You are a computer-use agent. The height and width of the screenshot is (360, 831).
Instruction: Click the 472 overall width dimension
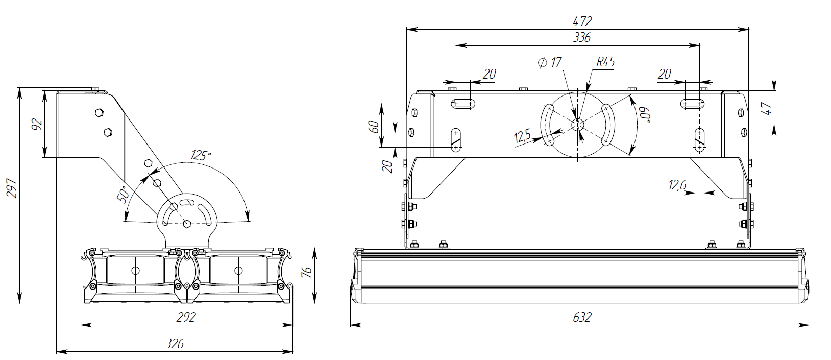tap(582, 21)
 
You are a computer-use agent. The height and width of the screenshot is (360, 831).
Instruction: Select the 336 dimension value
tap(582, 37)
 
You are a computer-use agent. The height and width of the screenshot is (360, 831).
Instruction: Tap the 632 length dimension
tap(582, 317)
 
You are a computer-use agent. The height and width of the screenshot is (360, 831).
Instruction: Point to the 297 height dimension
tap(13, 188)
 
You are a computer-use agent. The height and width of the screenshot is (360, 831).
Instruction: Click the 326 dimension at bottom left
tap(175, 344)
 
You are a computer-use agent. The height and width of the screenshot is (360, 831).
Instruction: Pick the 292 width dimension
tap(186, 317)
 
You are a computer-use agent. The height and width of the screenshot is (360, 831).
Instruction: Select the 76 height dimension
tap(306, 272)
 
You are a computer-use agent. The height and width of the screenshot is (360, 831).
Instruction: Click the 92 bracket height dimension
tap(37, 124)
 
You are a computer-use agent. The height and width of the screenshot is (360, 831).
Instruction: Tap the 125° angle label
tap(201, 155)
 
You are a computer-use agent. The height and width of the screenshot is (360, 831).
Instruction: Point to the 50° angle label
tap(123, 195)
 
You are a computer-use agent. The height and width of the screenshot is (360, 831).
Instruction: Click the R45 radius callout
tap(605, 62)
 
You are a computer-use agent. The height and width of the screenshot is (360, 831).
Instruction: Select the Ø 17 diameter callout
tap(550, 62)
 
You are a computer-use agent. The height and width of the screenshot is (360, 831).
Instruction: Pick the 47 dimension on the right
tap(766, 108)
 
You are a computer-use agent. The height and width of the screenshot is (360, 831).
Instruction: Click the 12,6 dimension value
tap(677, 185)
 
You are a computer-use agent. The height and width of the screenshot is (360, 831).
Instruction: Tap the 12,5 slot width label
tap(522, 136)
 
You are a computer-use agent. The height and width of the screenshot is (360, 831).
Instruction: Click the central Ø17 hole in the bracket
tap(578, 124)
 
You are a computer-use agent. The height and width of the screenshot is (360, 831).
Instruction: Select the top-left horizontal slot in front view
tap(463, 104)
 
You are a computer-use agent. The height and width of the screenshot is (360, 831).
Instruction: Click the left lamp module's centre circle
tap(135, 271)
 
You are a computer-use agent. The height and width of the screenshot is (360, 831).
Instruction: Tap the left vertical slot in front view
tap(456, 140)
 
